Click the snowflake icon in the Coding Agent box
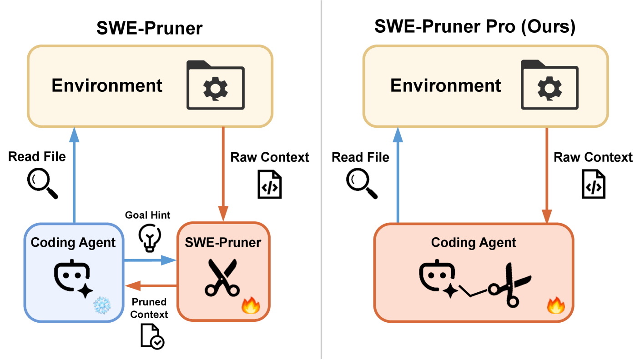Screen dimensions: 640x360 click(x=102, y=305)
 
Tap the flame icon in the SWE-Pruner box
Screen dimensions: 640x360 click(x=251, y=305)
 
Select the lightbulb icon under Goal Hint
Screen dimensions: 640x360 click(x=150, y=238)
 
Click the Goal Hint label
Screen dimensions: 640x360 click(x=147, y=215)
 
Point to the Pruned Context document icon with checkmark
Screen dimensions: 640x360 click(x=152, y=336)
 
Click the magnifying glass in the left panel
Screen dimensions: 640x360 click(x=43, y=183)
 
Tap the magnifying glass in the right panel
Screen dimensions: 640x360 click(x=362, y=183)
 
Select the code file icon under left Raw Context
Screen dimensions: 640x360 click(x=269, y=184)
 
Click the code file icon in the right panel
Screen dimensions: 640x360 click(x=594, y=184)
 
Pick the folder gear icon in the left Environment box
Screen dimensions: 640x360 click(x=216, y=85)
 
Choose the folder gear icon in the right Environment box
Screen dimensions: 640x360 click(x=550, y=85)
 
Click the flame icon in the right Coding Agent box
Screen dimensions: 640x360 click(x=556, y=305)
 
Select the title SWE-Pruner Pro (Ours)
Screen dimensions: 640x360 click(x=475, y=26)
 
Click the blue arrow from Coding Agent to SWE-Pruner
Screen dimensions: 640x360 click(x=150, y=260)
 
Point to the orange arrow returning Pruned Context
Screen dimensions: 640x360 click(x=151, y=285)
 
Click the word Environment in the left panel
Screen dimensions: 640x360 click(x=107, y=85)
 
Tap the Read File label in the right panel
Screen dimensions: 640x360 click(x=360, y=157)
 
